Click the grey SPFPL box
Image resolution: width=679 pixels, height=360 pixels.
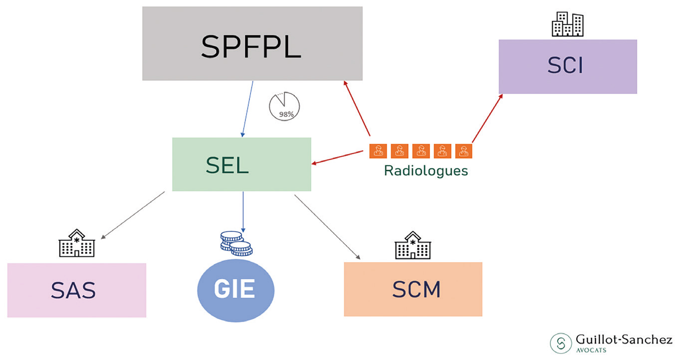pyautogui.click(x=252, y=43)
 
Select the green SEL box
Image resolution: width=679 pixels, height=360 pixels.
pyautogui.click(x=241, y=165)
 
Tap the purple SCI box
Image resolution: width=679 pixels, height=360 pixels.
pyautogui.click(x=568, y=66)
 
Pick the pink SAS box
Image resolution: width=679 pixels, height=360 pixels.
pyautogui.click(x=77, y=290)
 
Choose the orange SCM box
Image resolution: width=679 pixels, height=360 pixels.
pyautogui.click(x=413, y=289)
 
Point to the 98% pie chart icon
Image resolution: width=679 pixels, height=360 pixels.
pyautogui.click(x=284, y=106)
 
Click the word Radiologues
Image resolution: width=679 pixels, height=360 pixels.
pyautogui.click(x=426, y=171)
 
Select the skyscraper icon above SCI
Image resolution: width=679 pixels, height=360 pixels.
pyautogui.click(x=567, y=24)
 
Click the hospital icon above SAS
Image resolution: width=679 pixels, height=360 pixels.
pyautogui.click(x=76, y=243)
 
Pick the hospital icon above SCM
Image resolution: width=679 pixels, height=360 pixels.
pyautogui.click(x=413, y=245)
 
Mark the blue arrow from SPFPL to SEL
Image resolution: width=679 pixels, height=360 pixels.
pyautogui.click(x=247, y=109)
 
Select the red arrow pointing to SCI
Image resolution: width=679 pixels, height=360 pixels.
pyautogui.click(x=487, y=118)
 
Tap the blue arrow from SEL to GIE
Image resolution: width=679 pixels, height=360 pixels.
pyautogui.click(x=243, y=211)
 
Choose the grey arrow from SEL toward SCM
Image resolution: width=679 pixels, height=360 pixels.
pyautogui.click(x=327, y=226)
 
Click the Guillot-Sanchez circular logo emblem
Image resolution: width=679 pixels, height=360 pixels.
pyautogui.click(x=561, y=343)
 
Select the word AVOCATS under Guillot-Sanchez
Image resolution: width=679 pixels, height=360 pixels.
pyautogui.click(x=591, y=350)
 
